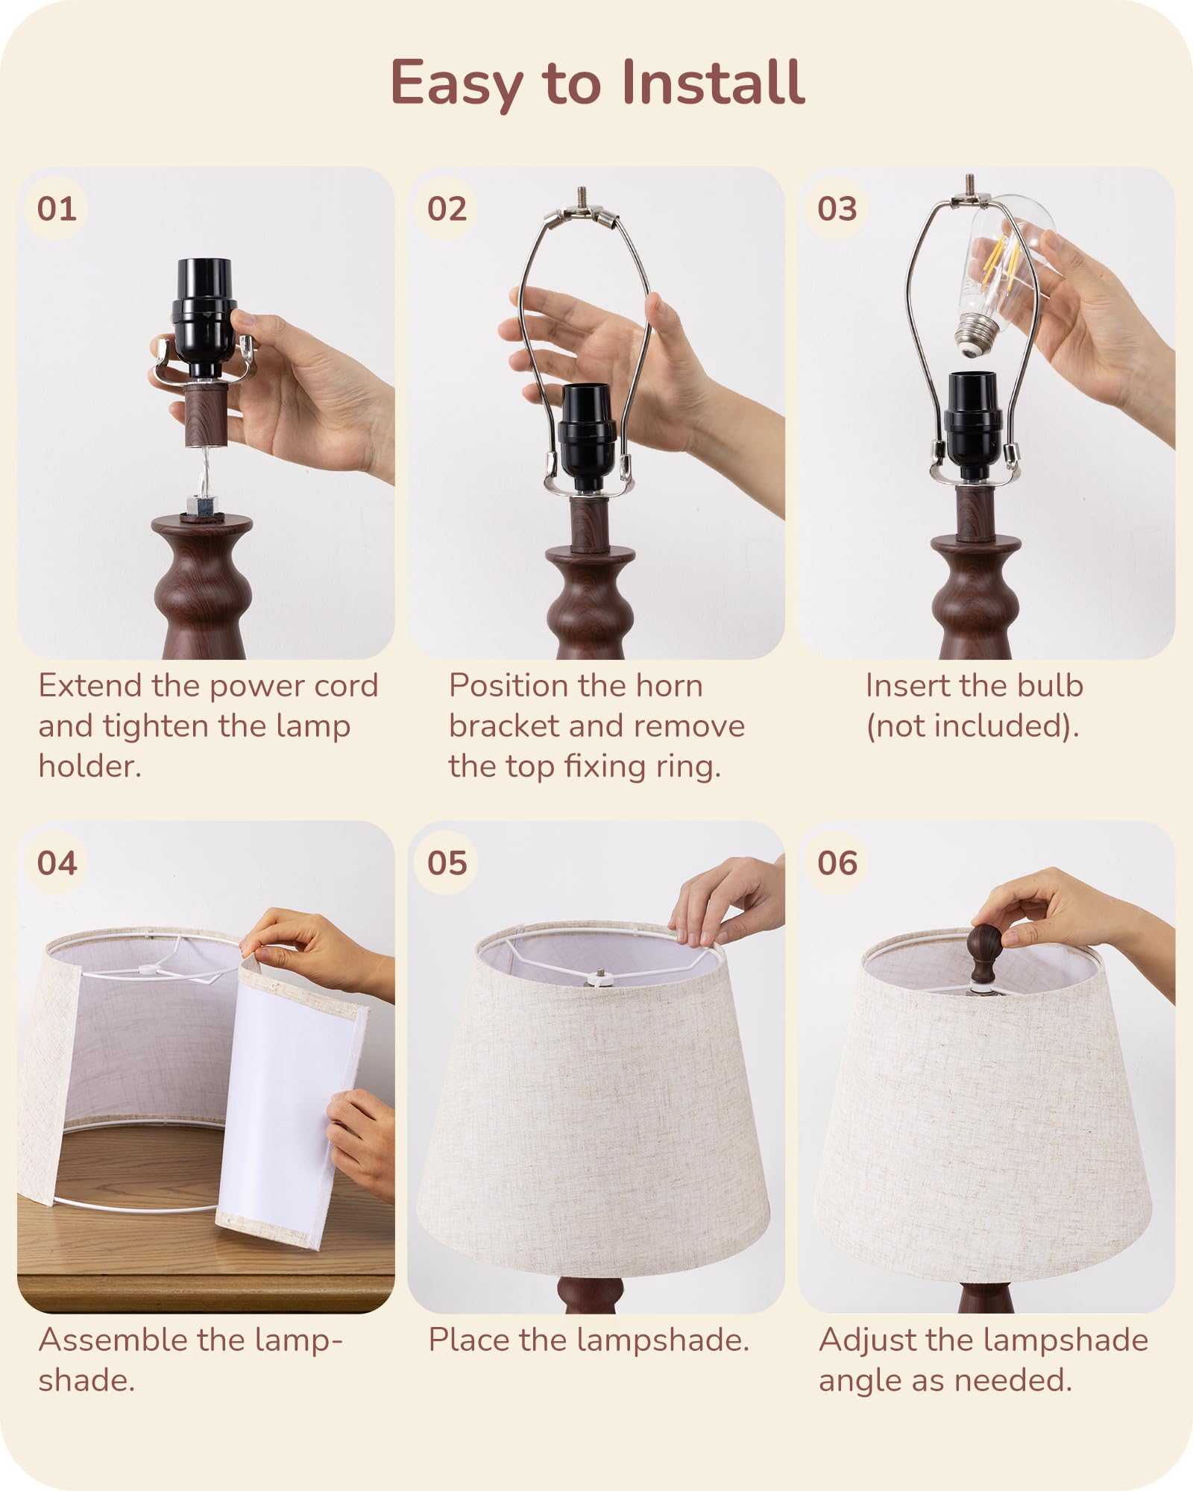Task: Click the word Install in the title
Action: [x=711, y=82]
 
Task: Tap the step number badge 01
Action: [x=57, y=209]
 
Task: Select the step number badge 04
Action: [x=57, y=863]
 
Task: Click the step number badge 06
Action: [x=837, y=863]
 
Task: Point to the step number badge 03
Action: [x=837, y=209]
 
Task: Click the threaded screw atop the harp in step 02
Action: [x=581, y=198]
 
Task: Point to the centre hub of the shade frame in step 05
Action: [x=600, y=974]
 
